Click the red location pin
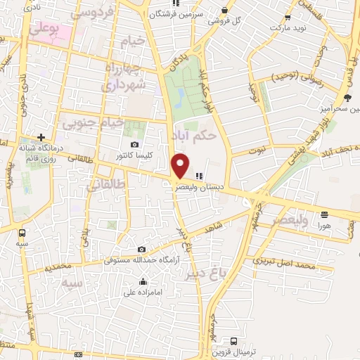(181, 166)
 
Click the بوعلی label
(44, 30)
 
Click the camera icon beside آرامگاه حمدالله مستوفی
(141, 249)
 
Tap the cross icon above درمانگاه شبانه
(41, 137)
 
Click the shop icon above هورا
(324, 214)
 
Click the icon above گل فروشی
(224, 10)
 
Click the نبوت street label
(260, 149)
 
